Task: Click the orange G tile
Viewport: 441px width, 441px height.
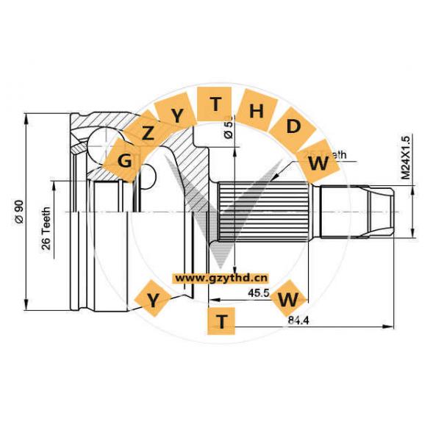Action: tap(126, 159)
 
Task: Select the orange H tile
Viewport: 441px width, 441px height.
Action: tap(257, 111)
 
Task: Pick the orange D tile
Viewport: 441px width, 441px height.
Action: tap(293, 126)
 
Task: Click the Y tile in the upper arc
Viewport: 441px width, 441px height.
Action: tap(177, 115)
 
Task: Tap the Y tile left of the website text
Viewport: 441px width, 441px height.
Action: tap(153, 299)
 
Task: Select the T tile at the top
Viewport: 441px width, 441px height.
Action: tap(215, 104)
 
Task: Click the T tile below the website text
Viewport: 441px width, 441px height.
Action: tap(223, 319)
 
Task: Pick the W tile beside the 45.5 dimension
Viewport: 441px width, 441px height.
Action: tap(290, 299)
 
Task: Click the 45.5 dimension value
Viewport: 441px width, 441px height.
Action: tap(258, 293)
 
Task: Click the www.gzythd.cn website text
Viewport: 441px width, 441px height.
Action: tap(221, 279)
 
